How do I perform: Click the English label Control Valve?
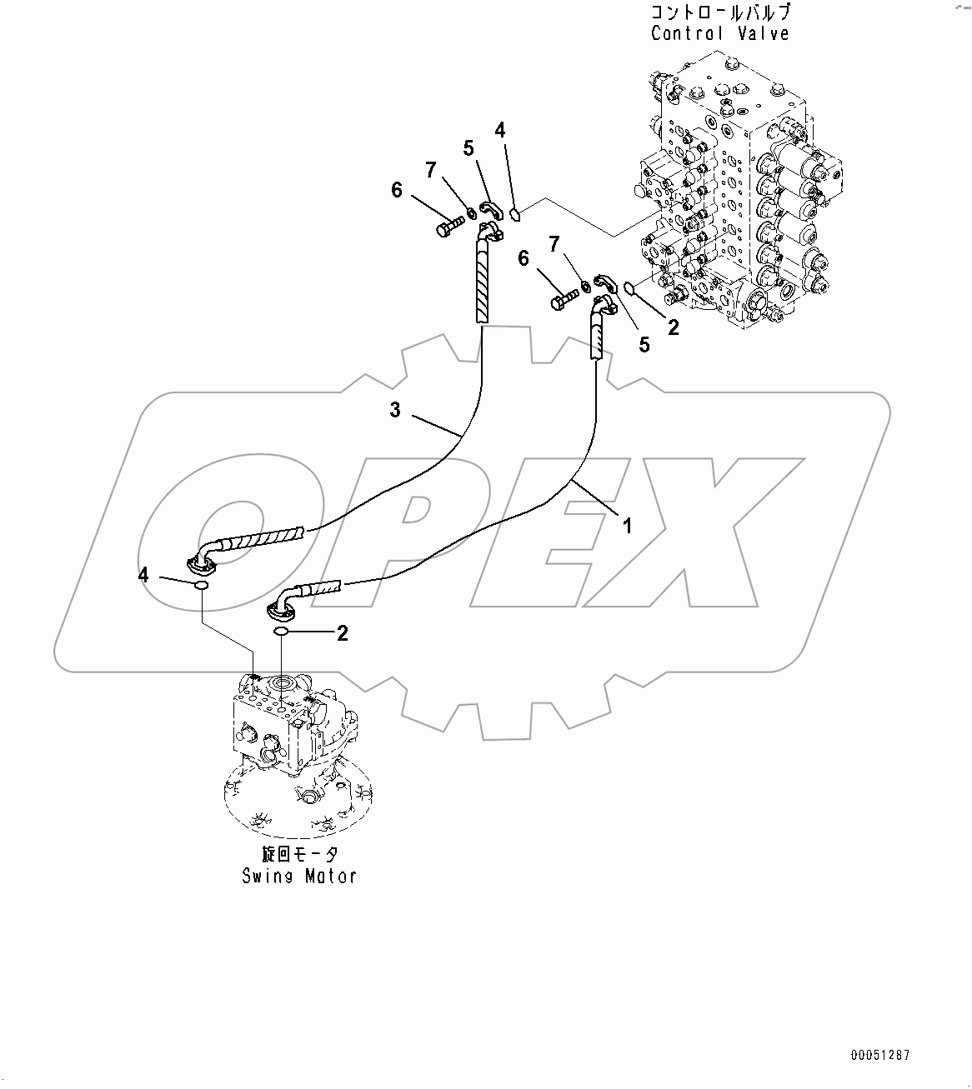pos(719,33)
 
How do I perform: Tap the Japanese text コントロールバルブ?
pos(719,12)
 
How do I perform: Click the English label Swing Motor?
pos(298,876)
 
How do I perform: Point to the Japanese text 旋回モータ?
pos(298,854)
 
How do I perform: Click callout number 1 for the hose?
pos(627,525)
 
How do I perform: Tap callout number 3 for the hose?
pos(395,409)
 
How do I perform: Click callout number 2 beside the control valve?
pos(673,327)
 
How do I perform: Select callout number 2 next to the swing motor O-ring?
pos(342,633)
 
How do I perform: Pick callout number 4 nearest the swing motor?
pos(144,574)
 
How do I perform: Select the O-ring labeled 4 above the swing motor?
pos(201,587)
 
